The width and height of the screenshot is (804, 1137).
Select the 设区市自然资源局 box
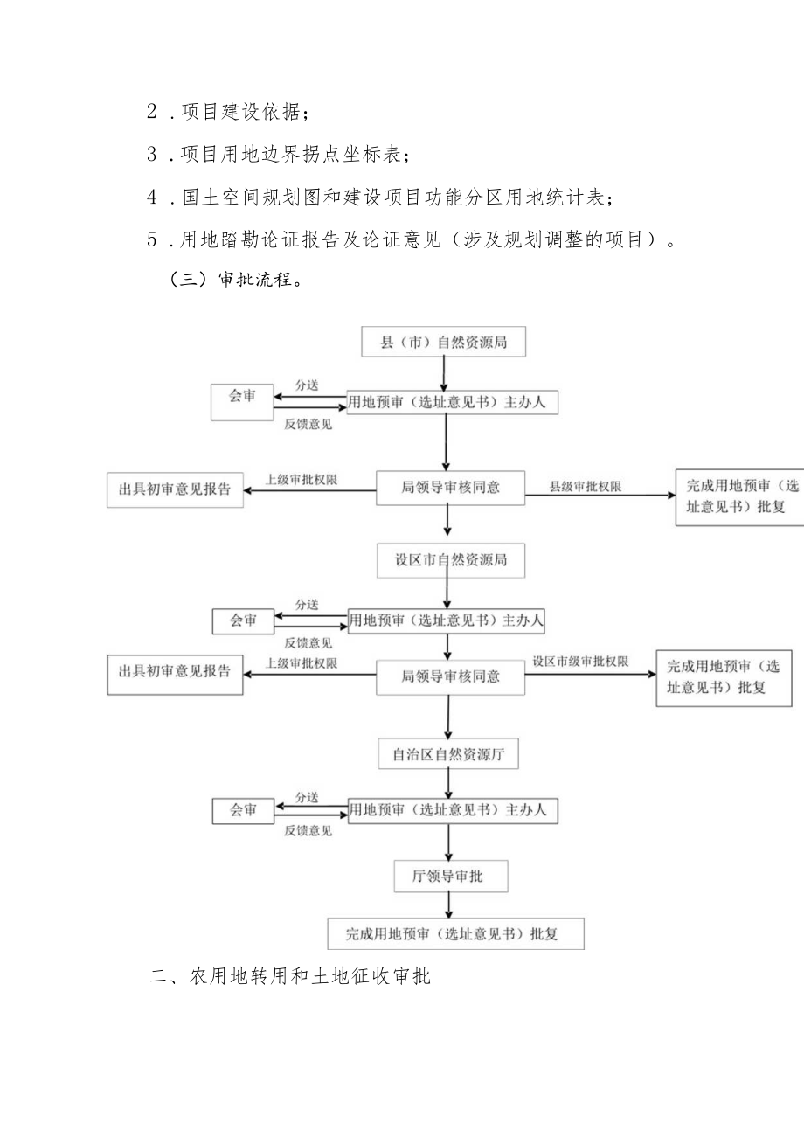point(451,560)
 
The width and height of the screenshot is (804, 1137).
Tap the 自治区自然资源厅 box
point(448,753)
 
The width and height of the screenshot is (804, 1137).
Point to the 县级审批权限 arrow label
point(585,485)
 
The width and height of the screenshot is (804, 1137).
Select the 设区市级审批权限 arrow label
point(580,662)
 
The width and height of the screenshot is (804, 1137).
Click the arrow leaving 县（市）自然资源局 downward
point(445,373)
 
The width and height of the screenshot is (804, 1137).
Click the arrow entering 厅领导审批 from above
point(448,842)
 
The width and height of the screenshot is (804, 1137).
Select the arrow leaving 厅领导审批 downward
point(448,904)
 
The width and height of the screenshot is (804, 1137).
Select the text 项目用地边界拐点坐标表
point(288,155)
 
